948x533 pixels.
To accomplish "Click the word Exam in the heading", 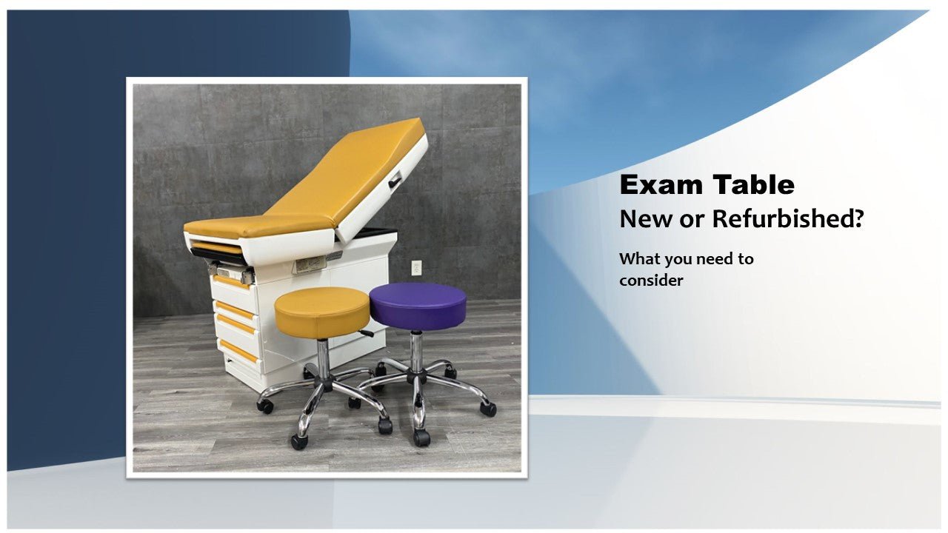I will (x=655, y=185).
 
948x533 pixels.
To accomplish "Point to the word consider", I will (x=651, y=281).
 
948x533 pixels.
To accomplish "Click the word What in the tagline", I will (x=640, y=259).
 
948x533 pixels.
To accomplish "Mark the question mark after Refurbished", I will (x=858, y=219).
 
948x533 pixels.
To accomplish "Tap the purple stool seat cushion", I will (x=418, y=304).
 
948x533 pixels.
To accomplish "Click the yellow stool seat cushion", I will (x=322, y=311).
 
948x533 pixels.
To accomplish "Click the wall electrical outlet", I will (x=416, y=267).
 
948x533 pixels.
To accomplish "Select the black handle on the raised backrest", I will (x=395, y=178).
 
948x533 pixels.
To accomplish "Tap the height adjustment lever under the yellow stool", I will (x=365, y=334).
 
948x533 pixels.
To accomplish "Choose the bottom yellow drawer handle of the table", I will (x=238, y=351).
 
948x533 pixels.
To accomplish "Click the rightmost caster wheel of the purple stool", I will (x=487, y=408).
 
